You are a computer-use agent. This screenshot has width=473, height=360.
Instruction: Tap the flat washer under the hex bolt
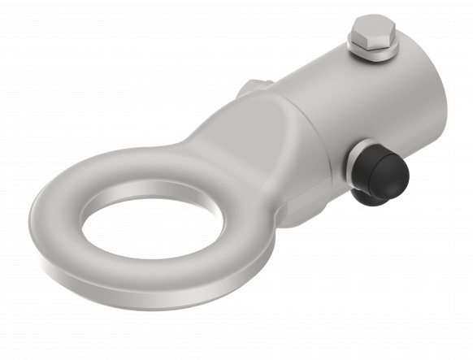(373, 55)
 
